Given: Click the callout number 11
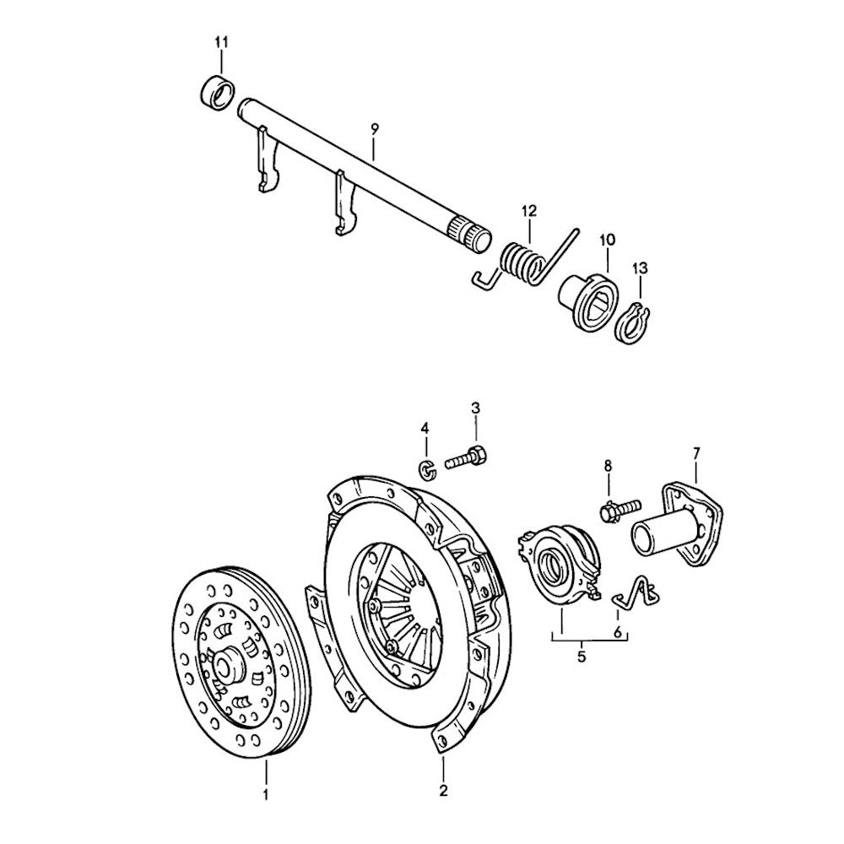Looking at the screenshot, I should [x=221, y=41].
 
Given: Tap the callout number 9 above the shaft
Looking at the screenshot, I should [x=375, y=128].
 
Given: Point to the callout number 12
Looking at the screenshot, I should [x=529, y=210].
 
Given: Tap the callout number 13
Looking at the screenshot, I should [x=640, y=268].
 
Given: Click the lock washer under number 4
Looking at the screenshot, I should [x=427, y=469].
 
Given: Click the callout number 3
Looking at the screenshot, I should [x=475, y=409].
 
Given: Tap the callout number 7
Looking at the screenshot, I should [x=696, y=454].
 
